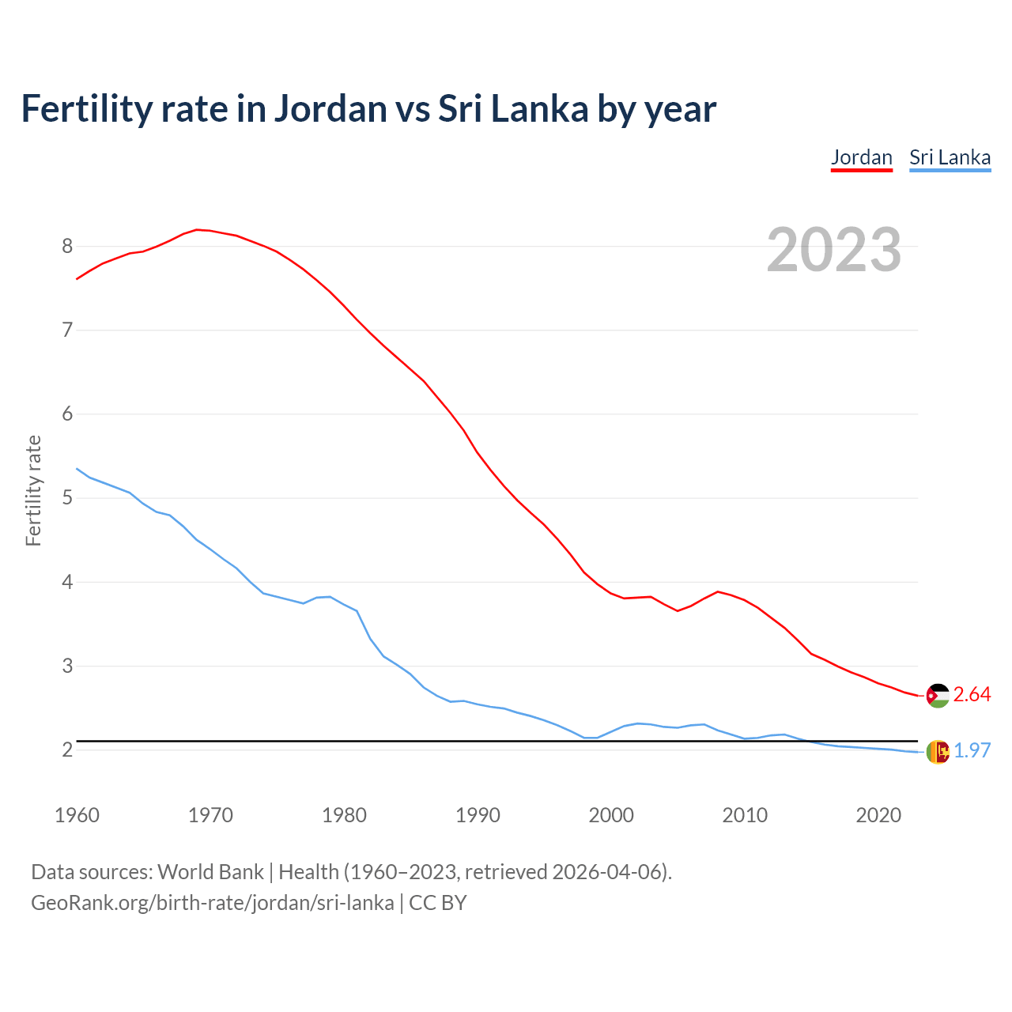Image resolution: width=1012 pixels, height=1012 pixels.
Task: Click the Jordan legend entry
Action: (861, 157)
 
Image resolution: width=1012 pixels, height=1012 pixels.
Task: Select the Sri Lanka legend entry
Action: (950, 157)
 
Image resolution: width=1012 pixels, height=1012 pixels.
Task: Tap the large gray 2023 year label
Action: (833, 250)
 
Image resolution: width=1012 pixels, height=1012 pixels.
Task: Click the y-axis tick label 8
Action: (67, 246)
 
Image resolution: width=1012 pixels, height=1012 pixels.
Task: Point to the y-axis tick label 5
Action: (67, 498)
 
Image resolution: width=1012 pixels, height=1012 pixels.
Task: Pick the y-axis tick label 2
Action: (67, 750)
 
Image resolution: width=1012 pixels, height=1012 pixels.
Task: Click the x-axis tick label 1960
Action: (77, 815)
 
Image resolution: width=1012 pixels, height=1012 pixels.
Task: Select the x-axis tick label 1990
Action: (478, 815)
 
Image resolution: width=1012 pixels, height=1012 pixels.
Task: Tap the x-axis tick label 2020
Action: (878, 815)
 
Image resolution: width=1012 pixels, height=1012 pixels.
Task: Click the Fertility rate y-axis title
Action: (33, 490)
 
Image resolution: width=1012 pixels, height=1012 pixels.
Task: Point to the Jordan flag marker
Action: (938, 695)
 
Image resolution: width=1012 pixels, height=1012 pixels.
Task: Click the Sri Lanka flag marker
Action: (938, 752)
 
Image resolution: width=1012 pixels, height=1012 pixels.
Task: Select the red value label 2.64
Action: (972, 694)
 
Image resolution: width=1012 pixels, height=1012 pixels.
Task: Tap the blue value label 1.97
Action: (972, 751)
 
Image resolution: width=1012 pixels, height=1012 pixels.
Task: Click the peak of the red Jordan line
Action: (197, 229)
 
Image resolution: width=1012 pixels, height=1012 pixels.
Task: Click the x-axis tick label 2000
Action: (611, 815)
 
